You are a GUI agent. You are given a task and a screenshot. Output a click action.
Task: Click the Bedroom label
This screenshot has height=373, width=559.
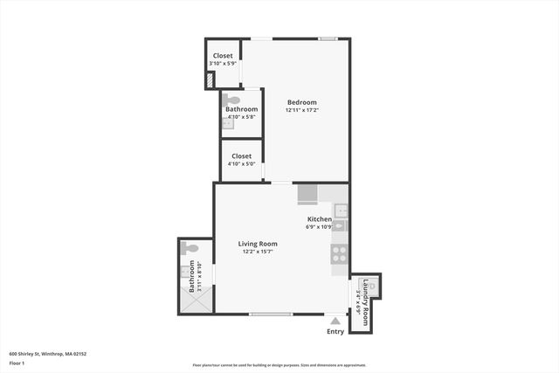coord(301,102)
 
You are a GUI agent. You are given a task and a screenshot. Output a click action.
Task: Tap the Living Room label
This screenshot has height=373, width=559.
coord(258,244)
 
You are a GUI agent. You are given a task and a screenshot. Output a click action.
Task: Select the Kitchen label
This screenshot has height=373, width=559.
coord(319,219)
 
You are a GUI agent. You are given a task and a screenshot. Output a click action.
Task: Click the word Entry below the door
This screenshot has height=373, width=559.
coord(335,331)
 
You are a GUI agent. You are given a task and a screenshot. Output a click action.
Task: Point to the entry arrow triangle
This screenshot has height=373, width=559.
coord(335,321)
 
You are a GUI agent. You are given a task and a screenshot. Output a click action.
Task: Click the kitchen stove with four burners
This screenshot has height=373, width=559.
coord(340,254)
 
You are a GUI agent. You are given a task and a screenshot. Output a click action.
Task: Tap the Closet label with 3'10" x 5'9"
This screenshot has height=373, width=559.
coord(223,56)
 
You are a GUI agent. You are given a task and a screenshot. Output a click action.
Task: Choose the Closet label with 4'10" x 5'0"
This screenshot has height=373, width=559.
coord(241,156)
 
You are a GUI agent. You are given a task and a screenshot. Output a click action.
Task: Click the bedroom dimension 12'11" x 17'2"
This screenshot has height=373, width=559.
coord(301,111)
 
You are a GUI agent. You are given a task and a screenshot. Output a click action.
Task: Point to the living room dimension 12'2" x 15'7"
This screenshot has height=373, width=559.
coord(258,252)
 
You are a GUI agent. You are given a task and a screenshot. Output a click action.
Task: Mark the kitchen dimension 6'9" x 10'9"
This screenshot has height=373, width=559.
coord(320,227)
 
